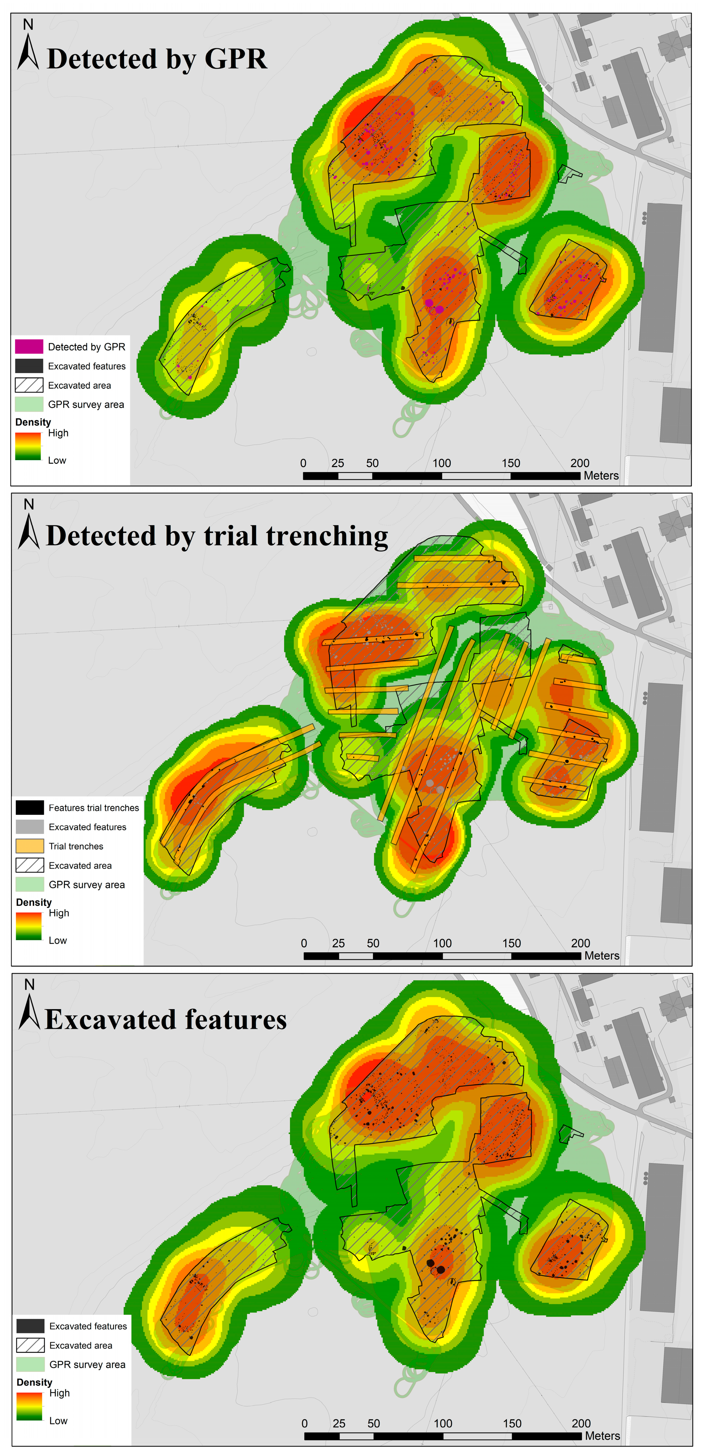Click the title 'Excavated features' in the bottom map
point(166,1019)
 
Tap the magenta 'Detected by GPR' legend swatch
point(29,346)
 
